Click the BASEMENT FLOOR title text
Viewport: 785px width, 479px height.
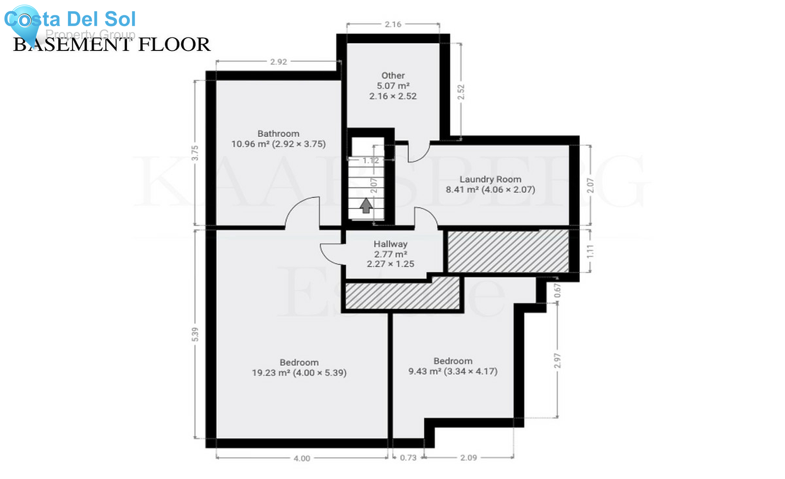(112, 44)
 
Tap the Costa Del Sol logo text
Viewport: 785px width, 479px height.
(70, 19)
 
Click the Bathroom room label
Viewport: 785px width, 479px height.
(278, 134)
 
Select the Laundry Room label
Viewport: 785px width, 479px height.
(490, 179)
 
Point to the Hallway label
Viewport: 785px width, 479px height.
(390, 244)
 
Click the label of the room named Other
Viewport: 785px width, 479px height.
(393, 76)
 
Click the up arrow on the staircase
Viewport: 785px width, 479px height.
(366, 205)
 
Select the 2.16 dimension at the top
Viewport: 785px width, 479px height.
(393, 24)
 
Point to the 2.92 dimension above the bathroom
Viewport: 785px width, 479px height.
(278, 62)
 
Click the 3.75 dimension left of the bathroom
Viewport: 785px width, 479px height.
(195, 153)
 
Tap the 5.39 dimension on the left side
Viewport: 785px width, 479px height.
(195, 334)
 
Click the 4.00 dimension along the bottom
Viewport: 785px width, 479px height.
(302, 458)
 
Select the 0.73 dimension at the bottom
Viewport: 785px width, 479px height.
(408, 458)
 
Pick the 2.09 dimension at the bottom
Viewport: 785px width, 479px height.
(468, 458)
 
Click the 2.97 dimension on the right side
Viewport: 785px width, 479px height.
(557, 361)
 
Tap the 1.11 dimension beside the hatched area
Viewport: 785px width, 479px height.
(590, 251)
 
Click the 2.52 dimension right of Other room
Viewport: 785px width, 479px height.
(461, 92)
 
